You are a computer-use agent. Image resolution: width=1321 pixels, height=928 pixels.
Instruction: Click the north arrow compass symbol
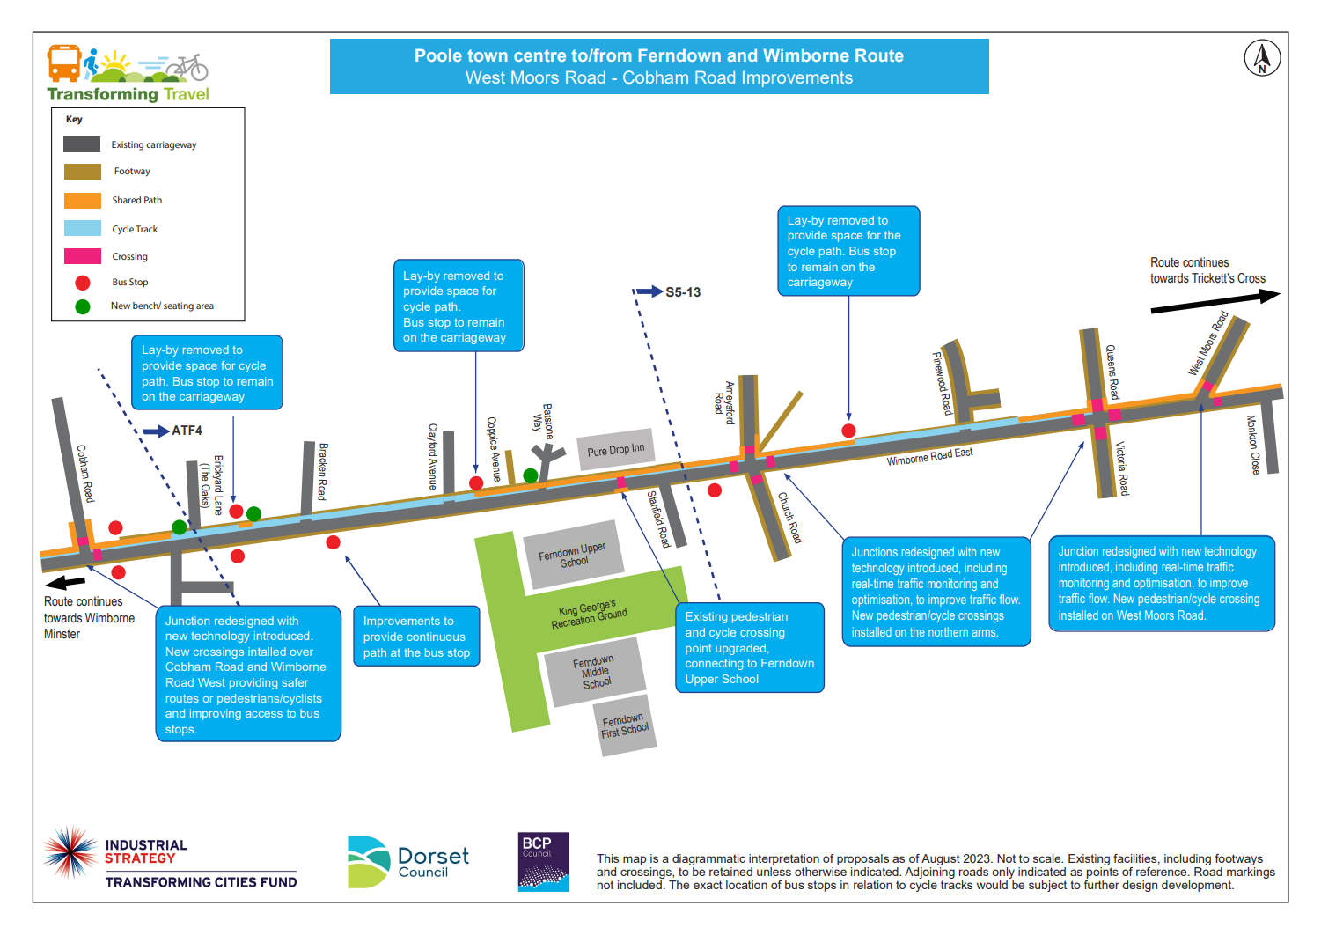click(x=1261, y=58)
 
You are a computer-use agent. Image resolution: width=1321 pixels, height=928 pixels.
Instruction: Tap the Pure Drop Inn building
click(x=616, y=449)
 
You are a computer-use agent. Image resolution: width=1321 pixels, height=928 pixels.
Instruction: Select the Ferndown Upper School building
click(x=573, y=555)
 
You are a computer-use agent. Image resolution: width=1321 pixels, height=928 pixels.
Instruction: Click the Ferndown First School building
click(x=625, y=725)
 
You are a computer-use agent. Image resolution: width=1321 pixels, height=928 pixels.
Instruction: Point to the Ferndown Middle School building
click(x=594, y=671)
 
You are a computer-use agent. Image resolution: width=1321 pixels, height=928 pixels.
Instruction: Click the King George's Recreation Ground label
click(x=589, y=614)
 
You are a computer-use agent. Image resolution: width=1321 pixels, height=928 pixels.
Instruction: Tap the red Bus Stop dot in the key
click(x=83, y=283)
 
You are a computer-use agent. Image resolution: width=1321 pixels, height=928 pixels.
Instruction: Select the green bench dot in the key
click(x=83, y=306)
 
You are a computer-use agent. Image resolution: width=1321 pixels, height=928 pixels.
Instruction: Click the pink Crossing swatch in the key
click(x=83, y=256)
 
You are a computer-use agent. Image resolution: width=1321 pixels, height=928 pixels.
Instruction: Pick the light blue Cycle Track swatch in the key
click(x=83, y=229)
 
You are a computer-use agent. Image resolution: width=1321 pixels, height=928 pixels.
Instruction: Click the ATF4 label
click(x=187, y=431)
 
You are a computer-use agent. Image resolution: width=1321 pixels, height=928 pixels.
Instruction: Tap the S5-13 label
click(x=683, y=292)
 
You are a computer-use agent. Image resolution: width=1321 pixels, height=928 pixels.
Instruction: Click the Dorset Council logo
click(x=408, y=861)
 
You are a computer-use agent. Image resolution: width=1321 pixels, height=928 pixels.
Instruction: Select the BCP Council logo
click(x=543, y=861)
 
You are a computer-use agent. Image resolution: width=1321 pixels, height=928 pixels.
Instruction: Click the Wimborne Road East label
click(x=929, y=457)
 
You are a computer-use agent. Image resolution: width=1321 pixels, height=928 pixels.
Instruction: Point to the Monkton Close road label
click(x=1253, y=445)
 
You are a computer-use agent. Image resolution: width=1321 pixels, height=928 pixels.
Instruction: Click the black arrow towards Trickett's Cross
click(x=1215, y=301)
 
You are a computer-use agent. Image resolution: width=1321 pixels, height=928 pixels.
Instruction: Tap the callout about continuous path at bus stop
click(x=416, y=637)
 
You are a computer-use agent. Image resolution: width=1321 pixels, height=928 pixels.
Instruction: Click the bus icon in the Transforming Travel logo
click(x=64, y=63)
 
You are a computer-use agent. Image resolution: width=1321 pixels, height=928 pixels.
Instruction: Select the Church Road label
click(x=789, y=517)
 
